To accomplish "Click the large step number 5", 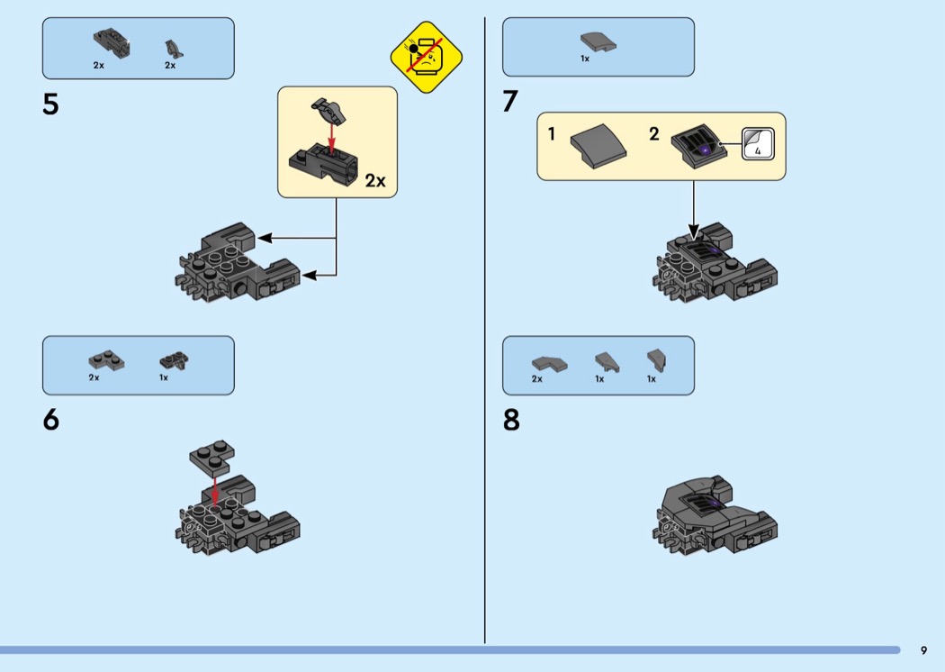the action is [50, 104].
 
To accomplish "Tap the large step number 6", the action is [51, 419].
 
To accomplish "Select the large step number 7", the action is [510, 102].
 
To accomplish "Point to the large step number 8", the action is [511, 420].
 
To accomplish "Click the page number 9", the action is [924, 650].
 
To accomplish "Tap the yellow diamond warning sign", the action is [426, 58].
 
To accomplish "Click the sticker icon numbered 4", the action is [758, 144].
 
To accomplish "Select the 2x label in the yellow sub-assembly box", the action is [375, 180].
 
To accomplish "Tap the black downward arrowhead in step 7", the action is [694, 232].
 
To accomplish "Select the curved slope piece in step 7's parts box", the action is [598, 42].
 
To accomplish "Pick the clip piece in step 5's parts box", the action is [174, 50].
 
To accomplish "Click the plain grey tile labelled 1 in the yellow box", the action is [598, 147].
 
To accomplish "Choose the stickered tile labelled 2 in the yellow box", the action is [696, 146].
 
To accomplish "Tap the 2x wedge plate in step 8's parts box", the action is [549, 364].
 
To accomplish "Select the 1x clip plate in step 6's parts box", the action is [174, 360].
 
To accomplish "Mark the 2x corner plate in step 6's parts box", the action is [106, 360].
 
